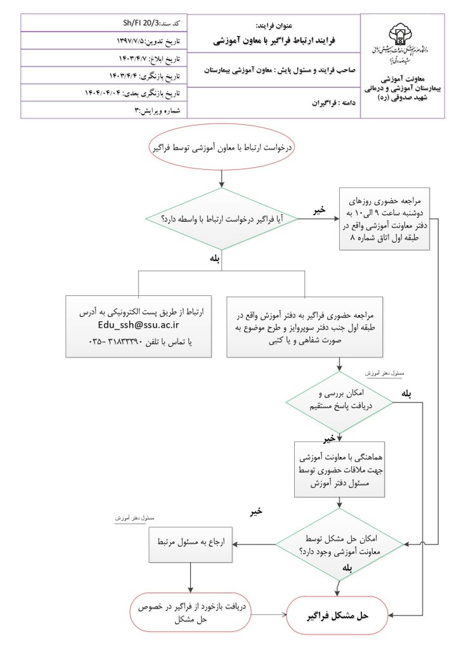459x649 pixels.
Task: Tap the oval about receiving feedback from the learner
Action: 191,615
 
